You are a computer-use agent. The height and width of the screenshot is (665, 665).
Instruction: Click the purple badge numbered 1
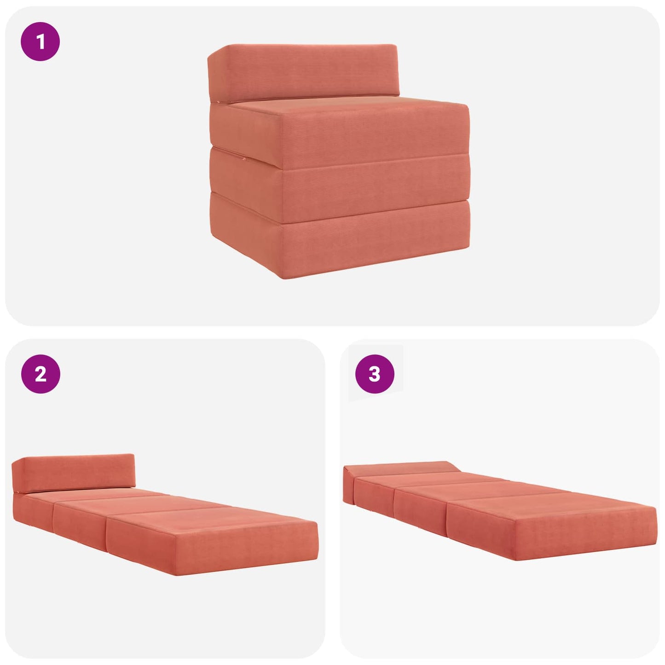pyautogui.click(x=40, y=41)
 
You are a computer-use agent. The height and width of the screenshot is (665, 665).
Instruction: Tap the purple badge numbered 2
pyautogui.click(x=40, y=374)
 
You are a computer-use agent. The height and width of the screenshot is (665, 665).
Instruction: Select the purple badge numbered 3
pyautogui.click(x=375, y=374)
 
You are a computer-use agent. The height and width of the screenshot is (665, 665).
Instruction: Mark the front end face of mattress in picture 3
pyautogui.click(x=586, y=533)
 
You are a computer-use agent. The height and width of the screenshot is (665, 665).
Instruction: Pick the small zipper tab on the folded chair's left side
pyautogui.click(x=244, y=159)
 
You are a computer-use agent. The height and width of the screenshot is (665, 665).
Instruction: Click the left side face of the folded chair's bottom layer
pyautogui.click(x=246, y=235)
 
